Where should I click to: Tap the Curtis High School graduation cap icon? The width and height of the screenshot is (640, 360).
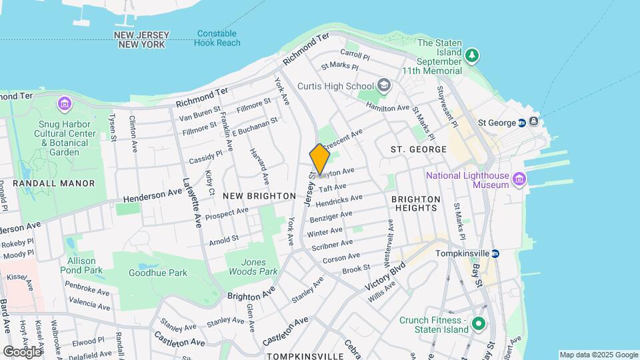(384, 85)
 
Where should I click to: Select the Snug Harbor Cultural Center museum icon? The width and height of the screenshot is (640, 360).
(64, 103)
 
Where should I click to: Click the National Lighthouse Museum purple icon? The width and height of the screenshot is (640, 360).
(519, 179)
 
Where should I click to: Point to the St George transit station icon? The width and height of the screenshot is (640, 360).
(523, 123)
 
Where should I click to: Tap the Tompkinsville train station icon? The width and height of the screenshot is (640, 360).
(495, 253)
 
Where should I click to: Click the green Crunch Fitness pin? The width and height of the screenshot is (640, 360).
(477, 325)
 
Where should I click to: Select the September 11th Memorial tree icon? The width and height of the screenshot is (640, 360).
(472, 55)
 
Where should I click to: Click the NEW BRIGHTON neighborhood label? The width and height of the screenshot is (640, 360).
(259, 196)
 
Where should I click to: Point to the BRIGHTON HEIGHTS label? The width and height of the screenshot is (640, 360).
(416, 203)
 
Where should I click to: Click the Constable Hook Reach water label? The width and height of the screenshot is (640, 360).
(217, 38)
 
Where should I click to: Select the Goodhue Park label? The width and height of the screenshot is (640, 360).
(158, 273)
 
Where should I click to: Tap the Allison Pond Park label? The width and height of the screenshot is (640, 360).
(85, 265)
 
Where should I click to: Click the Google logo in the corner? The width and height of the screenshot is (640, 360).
(22, 351)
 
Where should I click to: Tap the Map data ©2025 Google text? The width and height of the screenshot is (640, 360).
(598, 355)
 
